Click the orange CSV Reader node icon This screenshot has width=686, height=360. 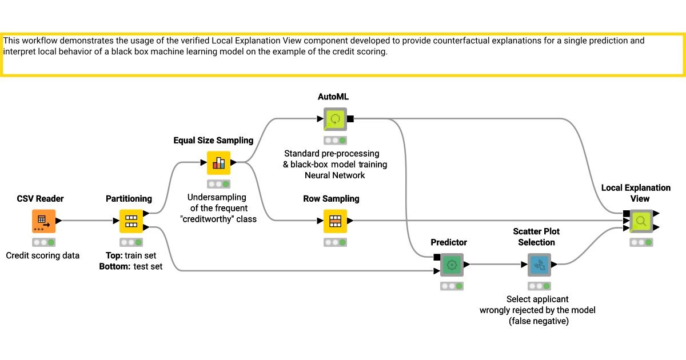(x=43, y=221)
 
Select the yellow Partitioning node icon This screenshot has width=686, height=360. (x=131, y=221)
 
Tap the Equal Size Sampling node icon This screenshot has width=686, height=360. (x=218, y=163)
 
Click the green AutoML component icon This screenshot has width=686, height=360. (x=335, y=119)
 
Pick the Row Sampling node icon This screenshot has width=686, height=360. (x=335, y=221)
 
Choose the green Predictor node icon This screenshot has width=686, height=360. (x=452, y=265)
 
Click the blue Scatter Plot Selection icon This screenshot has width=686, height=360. (x=539, y=265)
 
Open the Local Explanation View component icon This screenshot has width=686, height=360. (x=641, y=221)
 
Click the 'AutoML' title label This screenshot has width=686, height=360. (x=333, y=97)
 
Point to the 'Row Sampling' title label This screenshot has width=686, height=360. (x=331, y=199)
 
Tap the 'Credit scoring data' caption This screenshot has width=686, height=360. (x=43, y=255)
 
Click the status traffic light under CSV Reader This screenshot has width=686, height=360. (x=43, y=242)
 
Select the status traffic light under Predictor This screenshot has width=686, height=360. (x=452, y=286)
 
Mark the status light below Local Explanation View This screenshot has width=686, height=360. (x=641, y=242)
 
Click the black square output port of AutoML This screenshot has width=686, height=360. (x=350, y=119)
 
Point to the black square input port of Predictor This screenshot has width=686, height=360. (x=437, y=257)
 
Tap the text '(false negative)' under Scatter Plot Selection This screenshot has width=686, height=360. (x=537, y=321)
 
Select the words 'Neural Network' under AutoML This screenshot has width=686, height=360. (x=335, y=175)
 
